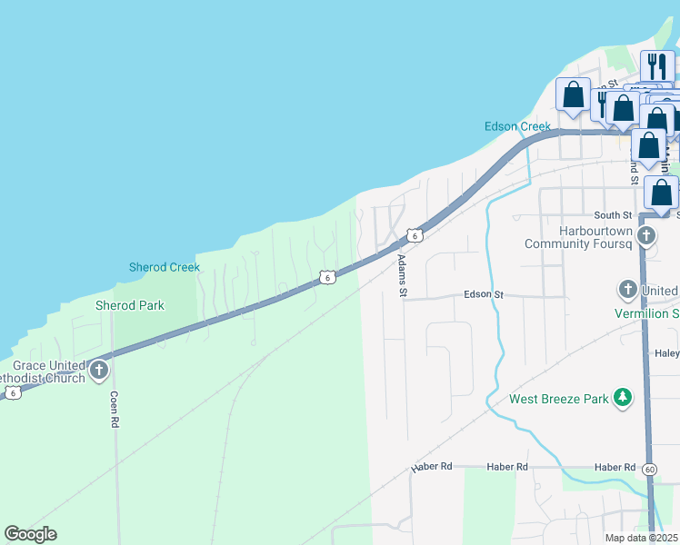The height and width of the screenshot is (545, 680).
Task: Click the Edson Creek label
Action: pos(517,126)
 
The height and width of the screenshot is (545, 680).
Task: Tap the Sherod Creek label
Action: pos(164,267)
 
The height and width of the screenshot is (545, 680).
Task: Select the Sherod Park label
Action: pos(130,305)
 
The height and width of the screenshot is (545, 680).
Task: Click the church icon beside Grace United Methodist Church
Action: pos(99,371)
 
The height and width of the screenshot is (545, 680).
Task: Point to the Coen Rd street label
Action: pos(115,410)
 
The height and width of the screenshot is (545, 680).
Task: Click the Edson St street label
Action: pos(484,294)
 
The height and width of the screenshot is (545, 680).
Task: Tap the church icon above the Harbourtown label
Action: pos(646,237)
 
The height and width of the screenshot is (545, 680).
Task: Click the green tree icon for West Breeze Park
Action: pos(623,398)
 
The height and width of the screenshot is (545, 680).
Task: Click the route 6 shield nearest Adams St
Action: pos(414,235)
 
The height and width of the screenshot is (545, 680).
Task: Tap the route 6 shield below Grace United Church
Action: pos(12,392)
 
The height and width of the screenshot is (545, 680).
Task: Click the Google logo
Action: pos(30,534)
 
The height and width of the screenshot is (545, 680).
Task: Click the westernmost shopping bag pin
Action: pos(574,95)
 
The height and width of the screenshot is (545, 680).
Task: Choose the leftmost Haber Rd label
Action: pos(432,467)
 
